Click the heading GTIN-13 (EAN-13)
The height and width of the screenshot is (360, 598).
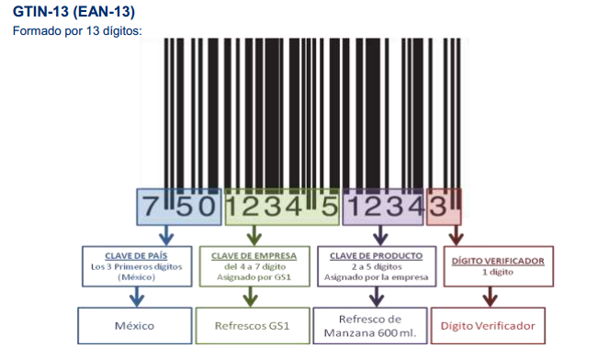point(73,11)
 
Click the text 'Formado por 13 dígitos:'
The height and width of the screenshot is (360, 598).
point(77,30)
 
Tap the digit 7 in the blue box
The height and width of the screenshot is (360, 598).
point(150,207)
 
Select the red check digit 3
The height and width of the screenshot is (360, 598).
point(437,207)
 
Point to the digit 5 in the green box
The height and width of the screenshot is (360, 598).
point(330,207)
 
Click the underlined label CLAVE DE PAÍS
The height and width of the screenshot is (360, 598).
point(136,256)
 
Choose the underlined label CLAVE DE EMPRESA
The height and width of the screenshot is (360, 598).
point(254,256)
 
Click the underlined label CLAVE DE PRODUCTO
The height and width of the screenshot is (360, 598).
point(377,256)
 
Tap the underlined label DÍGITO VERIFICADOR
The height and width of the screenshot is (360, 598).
point(498,261)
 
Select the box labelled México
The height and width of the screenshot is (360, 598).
point(135,326)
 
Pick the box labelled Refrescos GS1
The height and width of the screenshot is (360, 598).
point(253,326)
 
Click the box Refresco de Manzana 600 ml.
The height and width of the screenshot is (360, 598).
point(370,326)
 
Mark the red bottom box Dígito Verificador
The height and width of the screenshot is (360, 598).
point(488,326)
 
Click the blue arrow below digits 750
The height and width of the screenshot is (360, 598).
point(166,235)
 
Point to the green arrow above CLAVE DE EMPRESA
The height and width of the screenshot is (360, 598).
point(254,235)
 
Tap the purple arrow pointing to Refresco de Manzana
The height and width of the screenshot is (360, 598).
point(377,297)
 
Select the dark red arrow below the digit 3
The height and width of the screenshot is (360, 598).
point(457,235)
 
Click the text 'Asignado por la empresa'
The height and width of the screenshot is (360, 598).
point(377,277)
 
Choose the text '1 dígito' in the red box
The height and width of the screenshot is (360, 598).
point(498,272)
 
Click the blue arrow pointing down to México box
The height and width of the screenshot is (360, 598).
point(137,297)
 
